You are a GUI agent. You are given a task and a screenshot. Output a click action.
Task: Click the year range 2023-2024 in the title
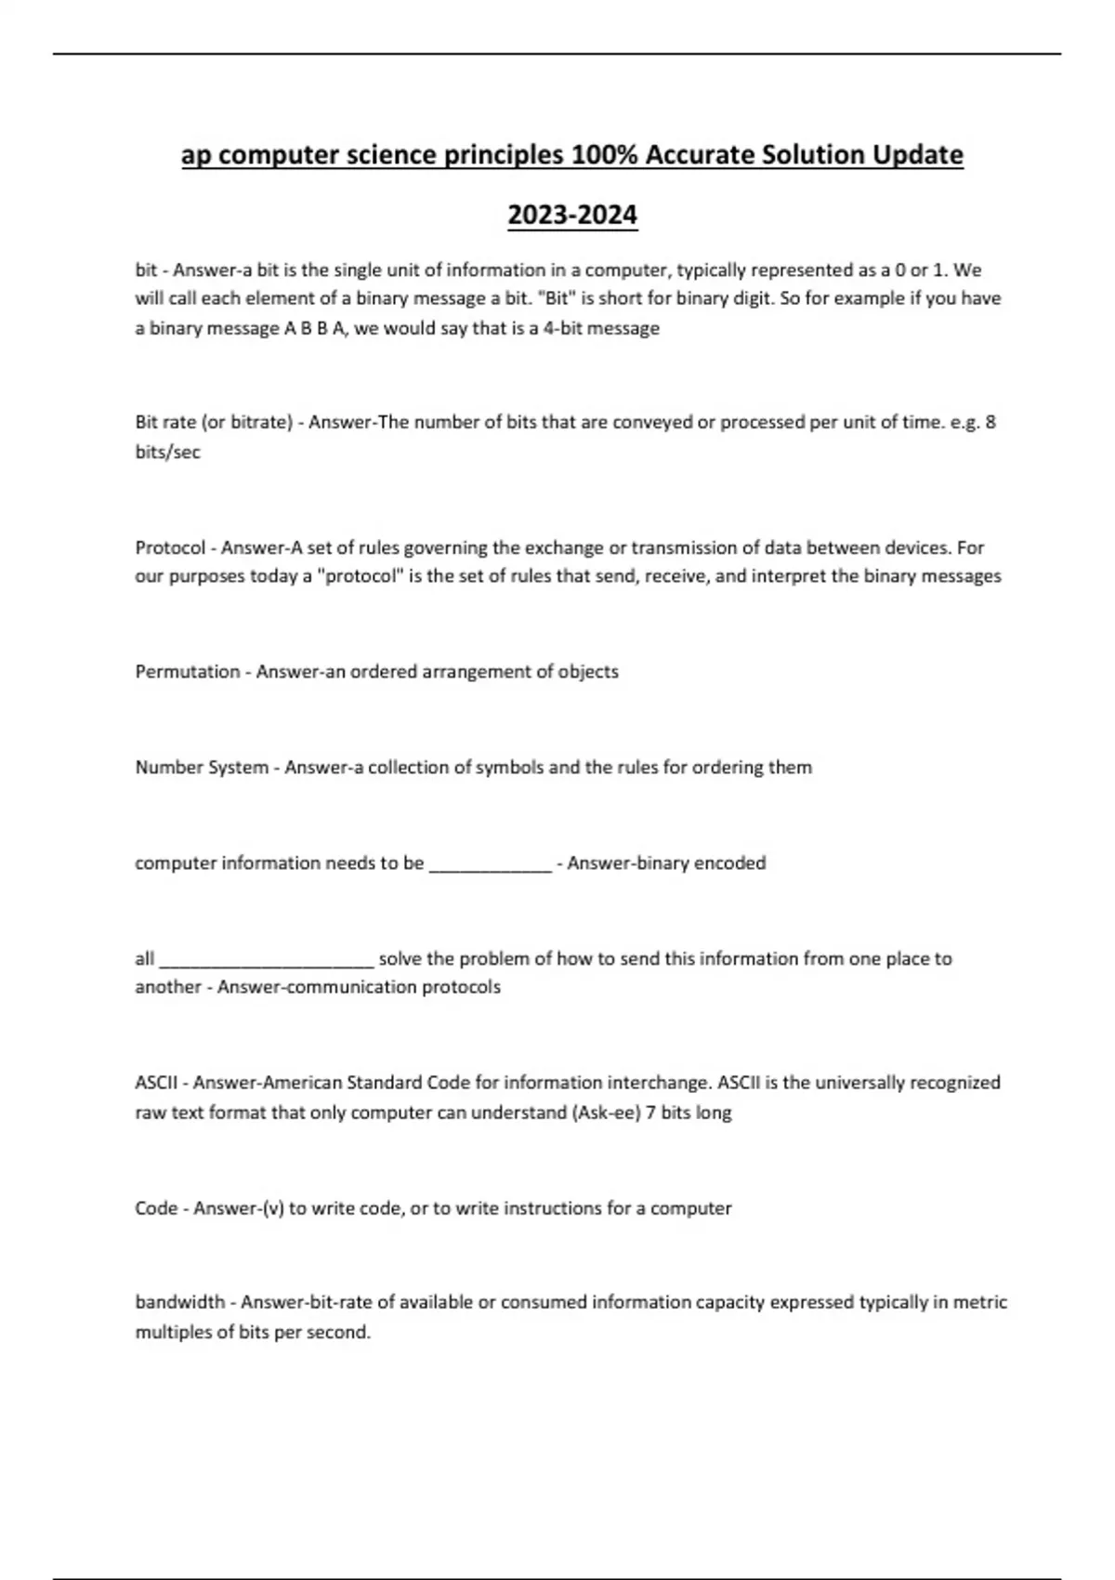click(x=572, y=215)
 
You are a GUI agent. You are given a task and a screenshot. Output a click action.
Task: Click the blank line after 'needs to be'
click(x=490, y=864)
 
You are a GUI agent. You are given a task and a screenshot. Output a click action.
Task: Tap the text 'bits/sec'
click(x=167, y=452)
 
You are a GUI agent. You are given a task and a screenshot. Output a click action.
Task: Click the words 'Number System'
click(x=202, y=767)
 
